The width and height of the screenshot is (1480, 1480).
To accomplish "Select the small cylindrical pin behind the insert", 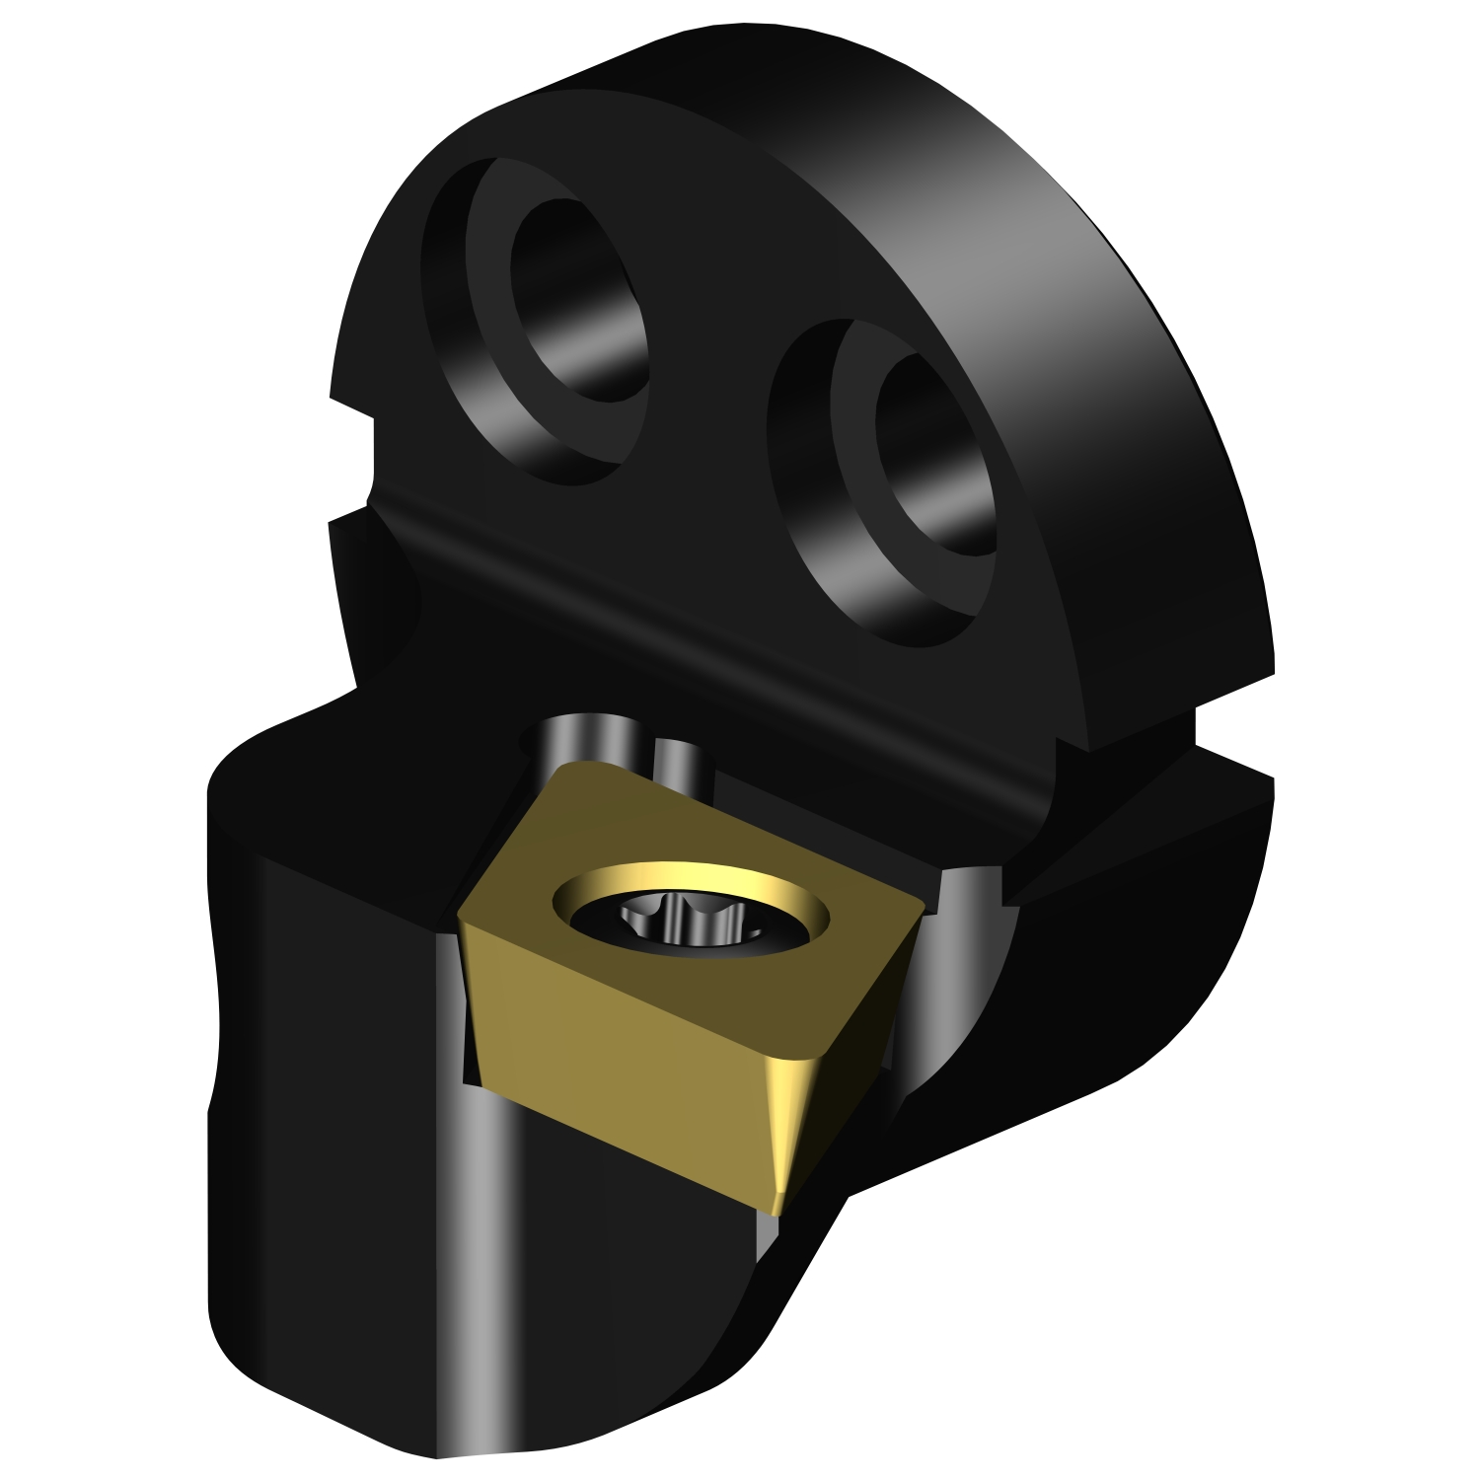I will (676, 760).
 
